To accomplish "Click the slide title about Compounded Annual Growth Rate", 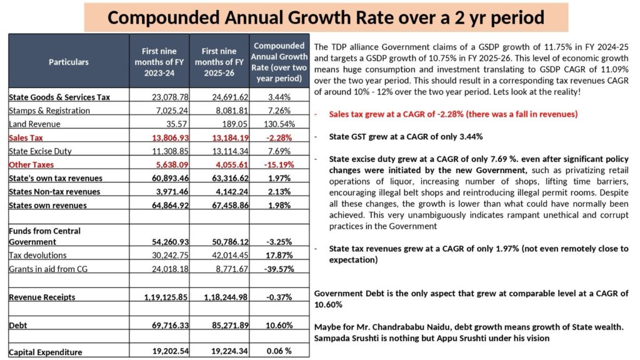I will click(x=325, y=17).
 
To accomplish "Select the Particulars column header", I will click(x=68, y=62).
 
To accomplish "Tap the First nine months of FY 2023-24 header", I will click(x=159, y=61).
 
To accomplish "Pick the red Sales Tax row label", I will click(x=26, y=137).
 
